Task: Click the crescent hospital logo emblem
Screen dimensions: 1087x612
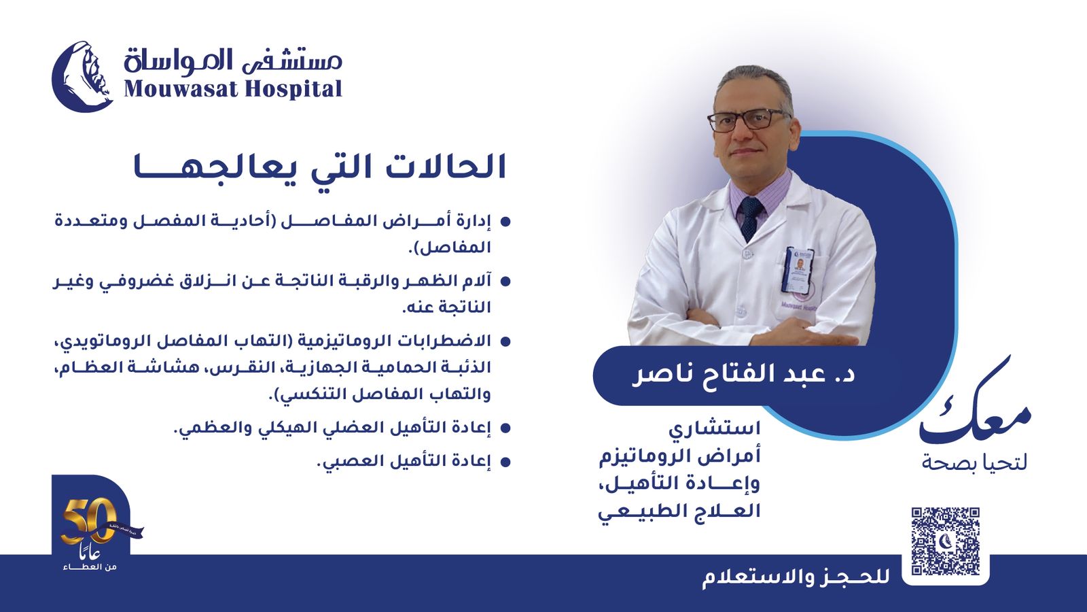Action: pyautogui.click(x=82, y=77)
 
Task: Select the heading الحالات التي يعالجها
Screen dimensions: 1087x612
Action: pyautogui.click(x=320, y=167)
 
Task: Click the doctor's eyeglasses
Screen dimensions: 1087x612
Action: pyautogui.click(x=748, y=120)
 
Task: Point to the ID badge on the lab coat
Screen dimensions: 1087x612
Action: pyautogui.click(x=798, y=270)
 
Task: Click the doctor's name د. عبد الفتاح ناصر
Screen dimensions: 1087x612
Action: pyautogui.click(x=743, y=375)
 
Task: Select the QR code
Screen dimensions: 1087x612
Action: pyautogui.click(x=945, y=541)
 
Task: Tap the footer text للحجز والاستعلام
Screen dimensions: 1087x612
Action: pyautogui.click(x=796, y=578)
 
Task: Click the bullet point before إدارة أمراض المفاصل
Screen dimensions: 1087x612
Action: pyautogui.click(x=505, y=222)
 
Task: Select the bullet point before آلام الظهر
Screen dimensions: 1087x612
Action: pyautogui.click(x=505, y=282)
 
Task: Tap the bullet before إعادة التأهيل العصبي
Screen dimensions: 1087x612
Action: pyautogui.click(x=505, y=462)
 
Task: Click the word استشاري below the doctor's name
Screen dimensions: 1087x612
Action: pyautogui.click(x=714, y=429)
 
